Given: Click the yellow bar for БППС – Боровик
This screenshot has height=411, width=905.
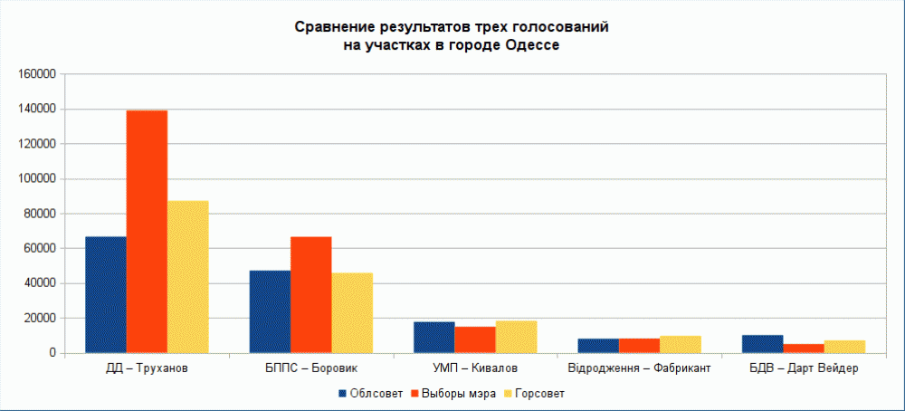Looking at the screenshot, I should [351, 312].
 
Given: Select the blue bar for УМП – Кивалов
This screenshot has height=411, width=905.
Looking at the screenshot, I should [433, 337].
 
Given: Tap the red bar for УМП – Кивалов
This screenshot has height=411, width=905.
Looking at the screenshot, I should [474, 339].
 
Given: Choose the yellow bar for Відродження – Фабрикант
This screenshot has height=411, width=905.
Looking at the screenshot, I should [680, 344].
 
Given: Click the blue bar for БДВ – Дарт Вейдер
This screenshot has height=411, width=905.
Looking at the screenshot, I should [762, 343].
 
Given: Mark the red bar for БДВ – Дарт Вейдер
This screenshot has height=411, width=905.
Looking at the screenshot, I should [803, 348].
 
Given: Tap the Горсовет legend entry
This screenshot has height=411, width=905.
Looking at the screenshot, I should [534, 394].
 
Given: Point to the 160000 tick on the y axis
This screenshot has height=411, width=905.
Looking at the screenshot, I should [37, 74].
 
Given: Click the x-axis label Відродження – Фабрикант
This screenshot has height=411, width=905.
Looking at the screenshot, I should [639, 369].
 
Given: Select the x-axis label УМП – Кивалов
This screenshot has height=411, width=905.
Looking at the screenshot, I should [475, 369].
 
